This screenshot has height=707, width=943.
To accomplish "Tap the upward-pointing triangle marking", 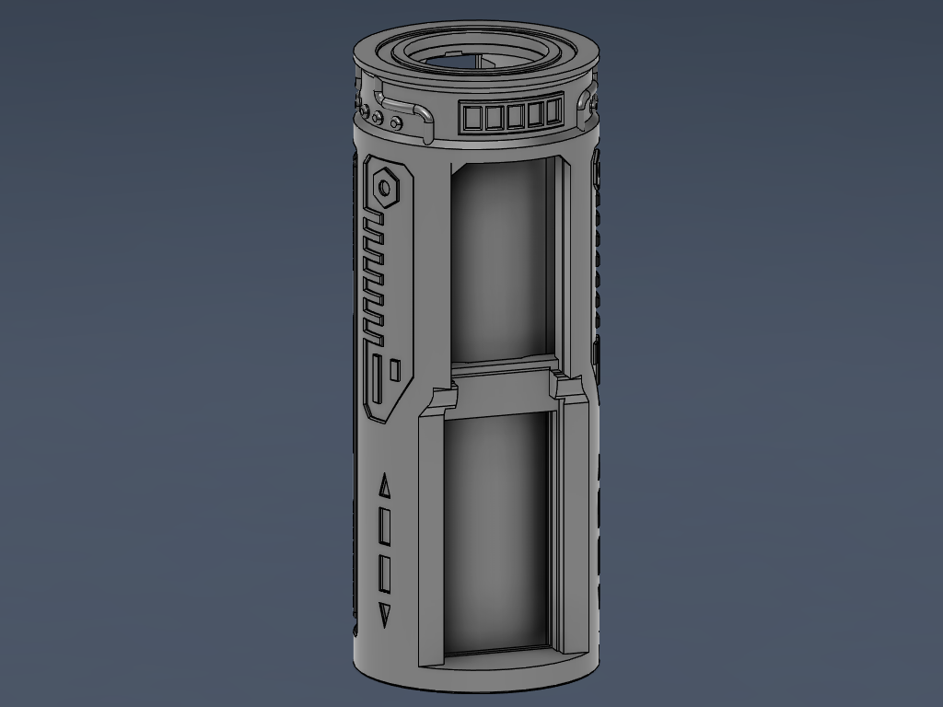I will click(385, 487).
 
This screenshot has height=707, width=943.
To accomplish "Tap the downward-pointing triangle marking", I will click(385, 616).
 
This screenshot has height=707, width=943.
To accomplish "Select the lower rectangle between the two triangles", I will click(385, 574).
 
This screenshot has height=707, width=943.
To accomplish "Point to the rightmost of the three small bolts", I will click(396, 122).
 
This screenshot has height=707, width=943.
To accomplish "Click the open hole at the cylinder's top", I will click(470, 57).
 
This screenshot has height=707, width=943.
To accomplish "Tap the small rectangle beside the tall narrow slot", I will click(395, 370).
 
